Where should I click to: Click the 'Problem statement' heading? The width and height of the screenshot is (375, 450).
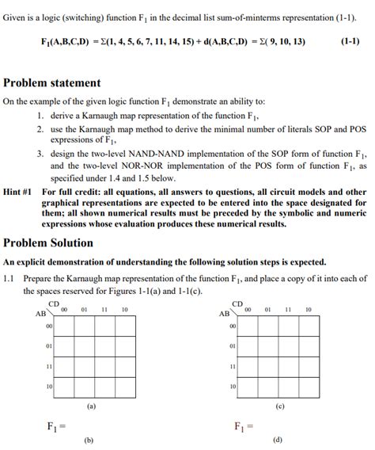pyautogui.click(x=52, y=83)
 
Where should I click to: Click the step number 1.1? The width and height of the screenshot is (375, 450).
pyautogui.click(x=9, y=279)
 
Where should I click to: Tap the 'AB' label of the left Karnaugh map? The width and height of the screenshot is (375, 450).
pyautogui.click(x=40, y=313)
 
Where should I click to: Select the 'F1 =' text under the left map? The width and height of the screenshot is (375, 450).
pyautogui.click(x=55, y=427)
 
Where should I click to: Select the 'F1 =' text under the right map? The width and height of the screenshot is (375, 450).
pyautogui.click(x=244, y=427)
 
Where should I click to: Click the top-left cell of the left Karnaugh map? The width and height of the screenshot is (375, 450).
pyautogui.click(x=65, y=326)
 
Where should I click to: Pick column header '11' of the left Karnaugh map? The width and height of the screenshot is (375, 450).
pyautogui.click(x=104, y=310)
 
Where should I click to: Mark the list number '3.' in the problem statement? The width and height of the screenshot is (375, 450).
pyautogui.click(x=39, y=154)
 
